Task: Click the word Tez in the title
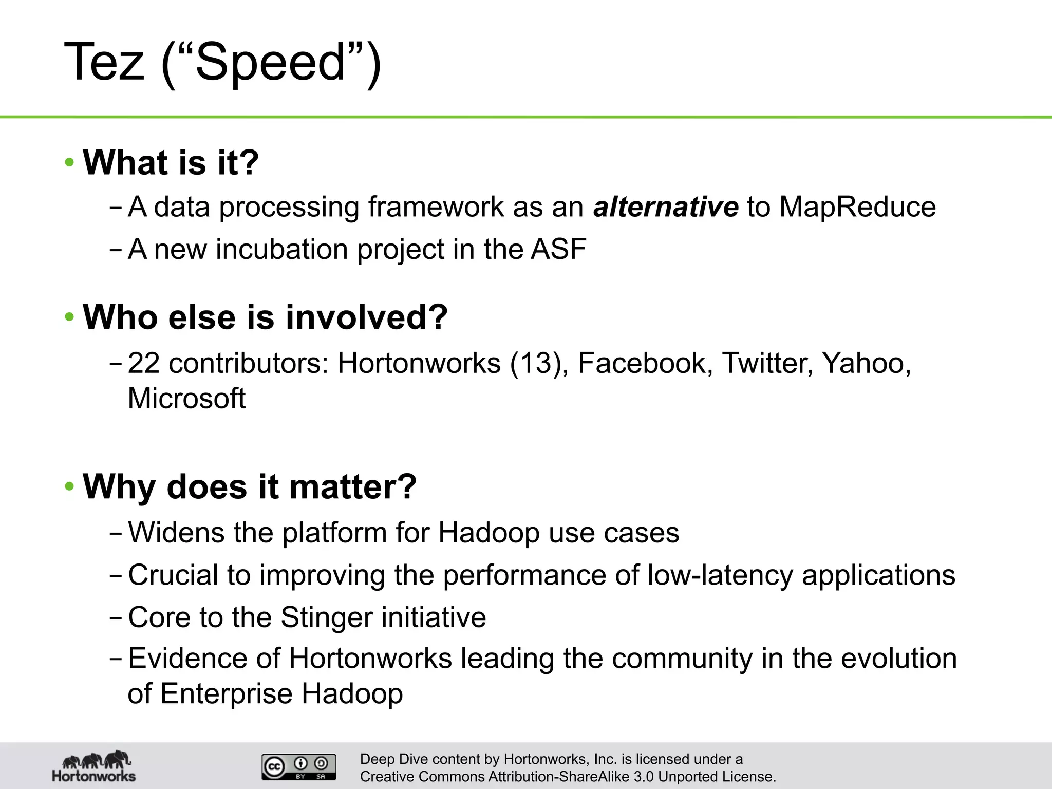point(104,62)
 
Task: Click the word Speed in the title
point(271,62)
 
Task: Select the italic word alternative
point(666,207)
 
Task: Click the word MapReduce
point(857,207)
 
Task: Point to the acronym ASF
point(558,249)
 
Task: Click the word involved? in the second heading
point(367,317)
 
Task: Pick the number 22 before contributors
point(144,363)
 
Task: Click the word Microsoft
point(186,399)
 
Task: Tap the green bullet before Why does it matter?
point(70,486)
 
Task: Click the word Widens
point(176,533)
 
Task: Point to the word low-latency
point(720,575)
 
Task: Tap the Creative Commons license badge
point(299,767)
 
